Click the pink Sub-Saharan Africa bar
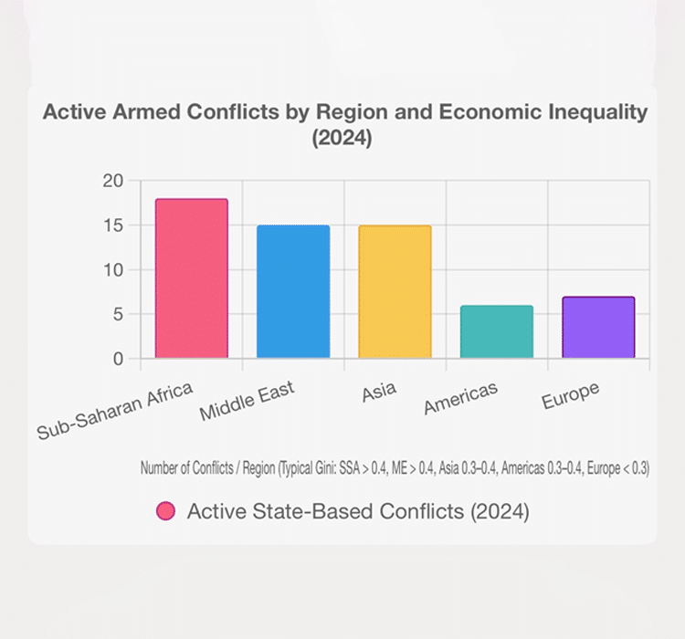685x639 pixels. click(x=191, y=278)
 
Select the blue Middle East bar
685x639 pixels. click(x=293, y=292)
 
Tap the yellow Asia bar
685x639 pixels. click(x=395, y=292)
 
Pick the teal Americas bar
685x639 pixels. click(x=496, y=332)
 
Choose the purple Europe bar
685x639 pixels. click(x=597, y=328)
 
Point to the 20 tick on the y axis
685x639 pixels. click(x=111, y=181)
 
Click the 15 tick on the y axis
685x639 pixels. click(x=111, y=225)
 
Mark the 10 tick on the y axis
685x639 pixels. click(x=111, y=270)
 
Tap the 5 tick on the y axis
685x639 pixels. click(x=116, y=314)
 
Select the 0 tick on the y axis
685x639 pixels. click(x=116, y=359)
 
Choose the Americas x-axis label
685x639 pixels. click(x=461, y=399)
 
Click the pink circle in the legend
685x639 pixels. click(x=165, y=511)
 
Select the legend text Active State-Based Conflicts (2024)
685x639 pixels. click(x=358, y=511)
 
